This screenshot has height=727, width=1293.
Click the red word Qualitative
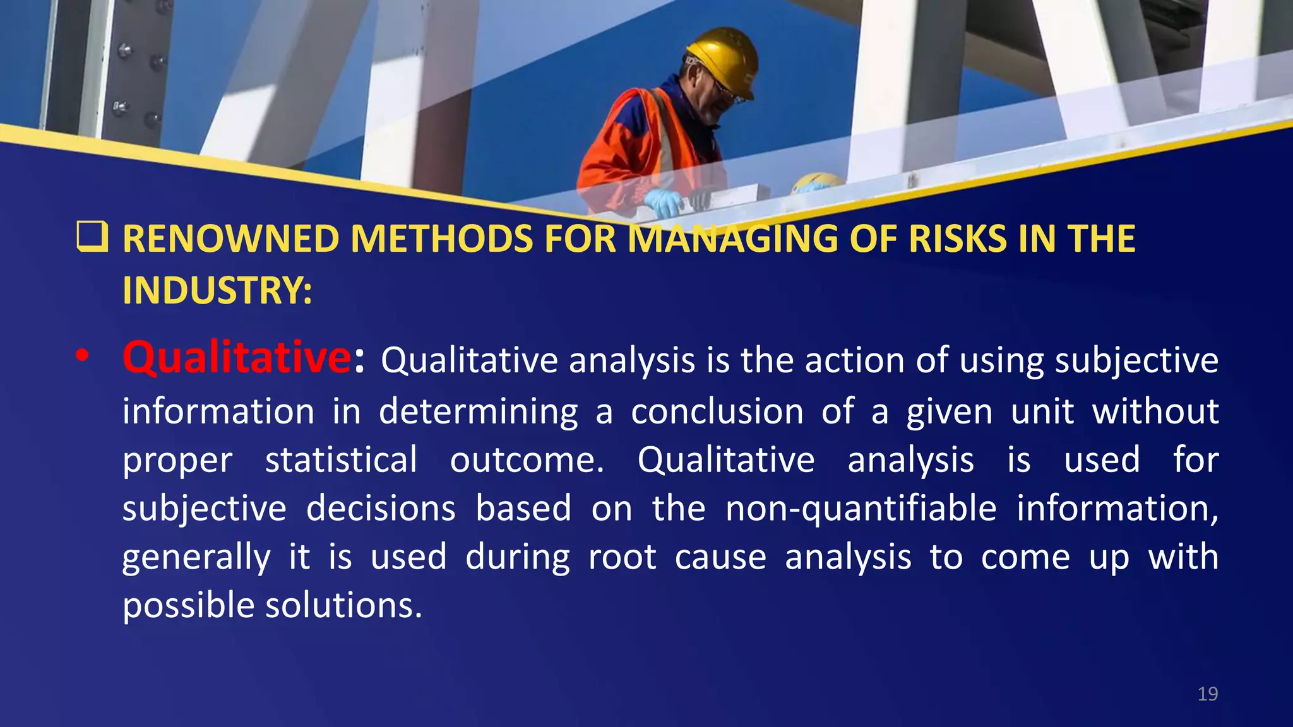tap(236, 358)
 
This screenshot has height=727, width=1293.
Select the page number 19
tap(1207, 694)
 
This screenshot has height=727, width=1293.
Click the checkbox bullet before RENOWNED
tap(92, 237)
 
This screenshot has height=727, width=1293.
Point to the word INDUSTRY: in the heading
tap(217, 290)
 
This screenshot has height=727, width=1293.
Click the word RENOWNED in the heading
tap(231, 239)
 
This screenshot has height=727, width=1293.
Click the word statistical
tap(341, 460)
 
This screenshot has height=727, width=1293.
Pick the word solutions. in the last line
tap(343, 606)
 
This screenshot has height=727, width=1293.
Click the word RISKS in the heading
tap(958, 239)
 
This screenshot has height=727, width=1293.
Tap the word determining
tap(478, 412)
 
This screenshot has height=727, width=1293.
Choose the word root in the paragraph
tap(622, 557)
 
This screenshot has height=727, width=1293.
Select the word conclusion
tap(717, 412)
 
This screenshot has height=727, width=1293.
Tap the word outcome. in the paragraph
tap(527, 460)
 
